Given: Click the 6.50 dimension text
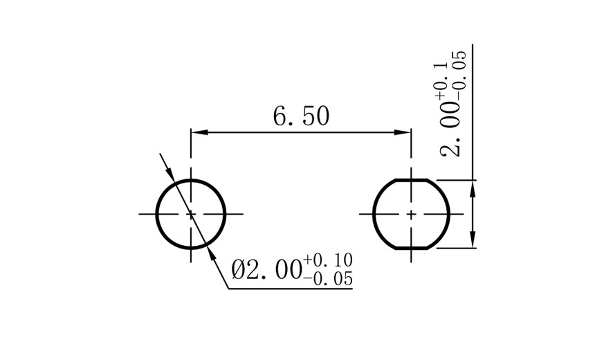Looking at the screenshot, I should pyautogui.click(x=301, y=116).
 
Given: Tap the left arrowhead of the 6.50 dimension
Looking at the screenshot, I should pyautogui.click(x=198, y=132).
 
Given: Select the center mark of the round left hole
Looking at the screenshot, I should pyautogui.click(x=191, y=214).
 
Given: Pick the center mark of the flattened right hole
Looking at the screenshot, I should pyautogui.click(x=411, y=214).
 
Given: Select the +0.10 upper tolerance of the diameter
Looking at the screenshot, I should pyautogui.click(x=328, y=260).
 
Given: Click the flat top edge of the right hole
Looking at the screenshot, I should pyautogui.click(x=411, y=180).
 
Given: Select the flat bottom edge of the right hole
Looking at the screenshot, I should pyautogui.click(x=411, y=247).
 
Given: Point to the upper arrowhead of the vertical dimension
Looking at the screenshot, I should pyautogui.click(x=473, y=186).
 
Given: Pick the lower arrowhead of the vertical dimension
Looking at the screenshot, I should pyautogui.click(x=473, y=241).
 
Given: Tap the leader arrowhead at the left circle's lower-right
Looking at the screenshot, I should pyautogui.click(x=210, y=255).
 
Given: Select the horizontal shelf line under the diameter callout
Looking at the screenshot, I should pyautogui.click(x=291, y=288).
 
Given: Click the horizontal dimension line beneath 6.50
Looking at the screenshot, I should pyautogui.click(x=301, y=132).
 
